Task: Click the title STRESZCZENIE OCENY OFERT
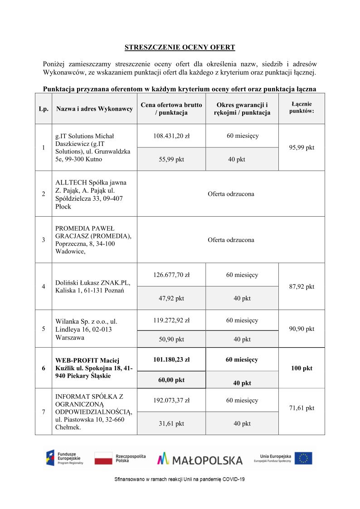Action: click(180, 47)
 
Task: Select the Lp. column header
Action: click(44, 109)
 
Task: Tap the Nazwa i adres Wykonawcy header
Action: click(94, 109)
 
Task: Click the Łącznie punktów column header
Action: click(302, 107)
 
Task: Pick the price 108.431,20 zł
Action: click(171, 136)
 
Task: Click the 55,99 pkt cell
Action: click(171, 159)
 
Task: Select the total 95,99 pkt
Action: click(302, 147)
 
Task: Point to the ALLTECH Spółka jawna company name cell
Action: click(91, 194)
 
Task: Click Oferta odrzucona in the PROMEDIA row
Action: click(231, 240)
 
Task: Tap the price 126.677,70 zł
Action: click(171, 275)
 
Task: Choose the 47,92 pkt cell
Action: click(171, 298)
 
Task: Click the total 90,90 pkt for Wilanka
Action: click(302, 329)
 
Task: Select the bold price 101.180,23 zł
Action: click(171, 359)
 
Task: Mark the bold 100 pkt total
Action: click(302, 368)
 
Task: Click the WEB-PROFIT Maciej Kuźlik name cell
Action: click(94, 368)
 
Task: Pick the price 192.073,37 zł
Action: click(171, 400)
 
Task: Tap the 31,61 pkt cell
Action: click(171, 423)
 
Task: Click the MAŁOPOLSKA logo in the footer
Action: click(200, 459)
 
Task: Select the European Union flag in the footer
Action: click(303, 458)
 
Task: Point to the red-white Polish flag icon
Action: click(103, 458)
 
